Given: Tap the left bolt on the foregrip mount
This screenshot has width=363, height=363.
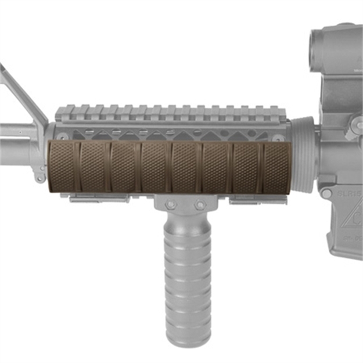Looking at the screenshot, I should click(170, 204).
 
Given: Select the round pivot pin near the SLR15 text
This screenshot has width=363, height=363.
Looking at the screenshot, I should click(327, 193).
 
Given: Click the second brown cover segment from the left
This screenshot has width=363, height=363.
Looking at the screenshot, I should click(93, 166).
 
